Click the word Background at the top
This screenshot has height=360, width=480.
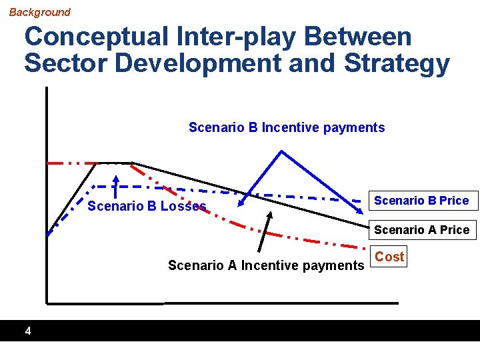(39, 12)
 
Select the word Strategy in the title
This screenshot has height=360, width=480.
(397, 63)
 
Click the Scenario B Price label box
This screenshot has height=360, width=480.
(421, 201)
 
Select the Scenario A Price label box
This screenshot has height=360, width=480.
(421, 230)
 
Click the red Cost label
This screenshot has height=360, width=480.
(389, 257)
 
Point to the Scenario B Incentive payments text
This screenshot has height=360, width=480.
(287, 127)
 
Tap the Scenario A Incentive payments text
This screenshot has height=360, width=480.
(266, 265)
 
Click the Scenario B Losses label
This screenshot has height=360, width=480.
(147, 206)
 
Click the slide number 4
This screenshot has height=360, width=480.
(27, 331)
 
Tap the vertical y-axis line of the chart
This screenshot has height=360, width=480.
(47, 200)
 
